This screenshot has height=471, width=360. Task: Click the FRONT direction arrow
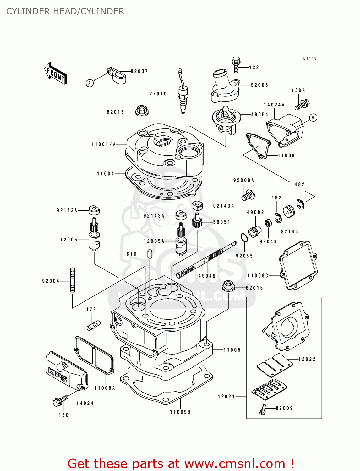point(56,73)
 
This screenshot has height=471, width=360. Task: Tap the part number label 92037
point(139,71)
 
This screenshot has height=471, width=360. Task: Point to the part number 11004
point(106,174)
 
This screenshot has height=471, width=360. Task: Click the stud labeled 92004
point(73,280)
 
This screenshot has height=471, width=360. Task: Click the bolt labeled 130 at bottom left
point(60,401)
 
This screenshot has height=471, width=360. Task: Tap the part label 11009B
point(180,412)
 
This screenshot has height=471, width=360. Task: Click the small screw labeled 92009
point(263,409)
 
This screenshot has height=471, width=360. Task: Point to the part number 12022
point(307,359)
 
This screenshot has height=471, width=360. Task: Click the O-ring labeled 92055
point(244,238)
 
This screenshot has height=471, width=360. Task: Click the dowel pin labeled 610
point(150,254)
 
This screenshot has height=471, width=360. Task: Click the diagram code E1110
point(310,58)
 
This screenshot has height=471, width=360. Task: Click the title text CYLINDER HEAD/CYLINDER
point(65,11)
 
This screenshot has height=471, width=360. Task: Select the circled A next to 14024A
point(313,118)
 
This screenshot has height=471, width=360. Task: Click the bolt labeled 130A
point(302,104)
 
